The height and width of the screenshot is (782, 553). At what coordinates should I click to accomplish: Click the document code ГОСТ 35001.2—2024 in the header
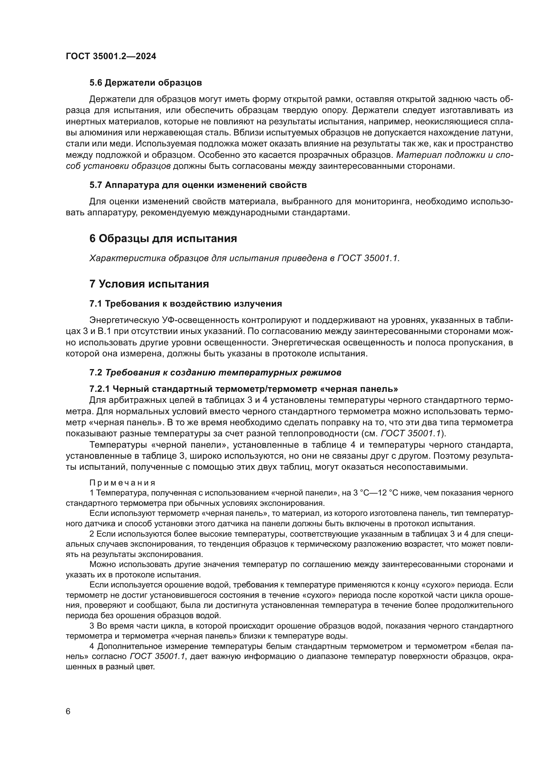tap(111, 57)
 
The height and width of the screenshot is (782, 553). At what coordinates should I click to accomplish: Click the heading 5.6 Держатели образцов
tap(145, 83)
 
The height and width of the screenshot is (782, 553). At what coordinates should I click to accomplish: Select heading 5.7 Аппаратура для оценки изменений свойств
tap(198, 185)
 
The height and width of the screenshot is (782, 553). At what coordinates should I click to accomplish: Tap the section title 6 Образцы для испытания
tap(163, 238)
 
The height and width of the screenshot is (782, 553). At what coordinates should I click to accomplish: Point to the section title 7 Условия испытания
tap(149, 284)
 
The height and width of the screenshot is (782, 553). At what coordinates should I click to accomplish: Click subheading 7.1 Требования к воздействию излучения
tap(186, 304)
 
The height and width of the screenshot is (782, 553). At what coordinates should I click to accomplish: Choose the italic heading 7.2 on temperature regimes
tap(215, 372)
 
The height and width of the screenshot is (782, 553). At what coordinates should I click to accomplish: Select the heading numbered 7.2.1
tap(243, 389)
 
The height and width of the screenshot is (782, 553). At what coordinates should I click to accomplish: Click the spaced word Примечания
tap(122, 483)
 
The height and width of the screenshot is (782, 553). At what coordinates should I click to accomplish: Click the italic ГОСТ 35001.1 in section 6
tap(368, 258)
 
